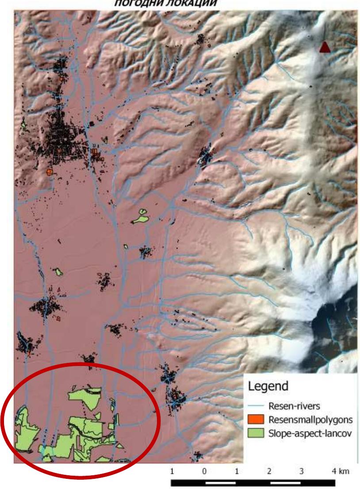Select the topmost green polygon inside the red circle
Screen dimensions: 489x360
coord(85,397)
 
